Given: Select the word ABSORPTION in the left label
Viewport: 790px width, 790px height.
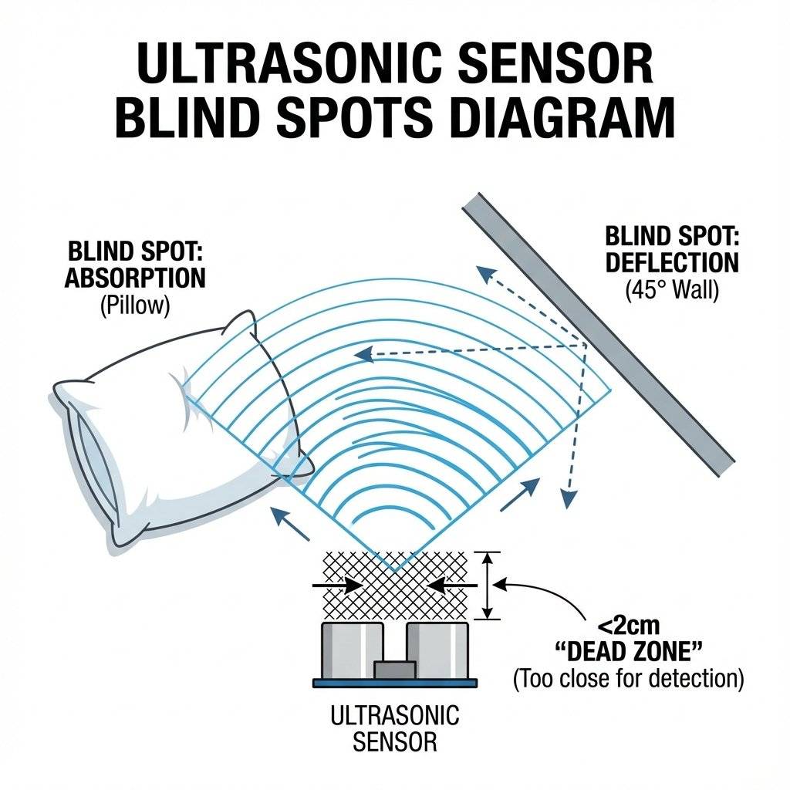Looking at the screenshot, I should (x=135, y=278).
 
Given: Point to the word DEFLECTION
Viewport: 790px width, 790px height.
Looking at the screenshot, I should (x=671, y=262).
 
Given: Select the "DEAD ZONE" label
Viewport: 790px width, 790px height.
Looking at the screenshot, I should (x=628, y=653).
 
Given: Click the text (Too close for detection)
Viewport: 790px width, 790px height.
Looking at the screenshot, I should (x=628, y=680).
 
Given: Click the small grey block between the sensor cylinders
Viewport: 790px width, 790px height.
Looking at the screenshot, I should (x=394, y=670).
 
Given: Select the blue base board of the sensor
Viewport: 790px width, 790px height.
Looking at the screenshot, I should (x=395, y=683).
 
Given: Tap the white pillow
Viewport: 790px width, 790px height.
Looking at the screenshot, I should (x=154, y=432).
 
